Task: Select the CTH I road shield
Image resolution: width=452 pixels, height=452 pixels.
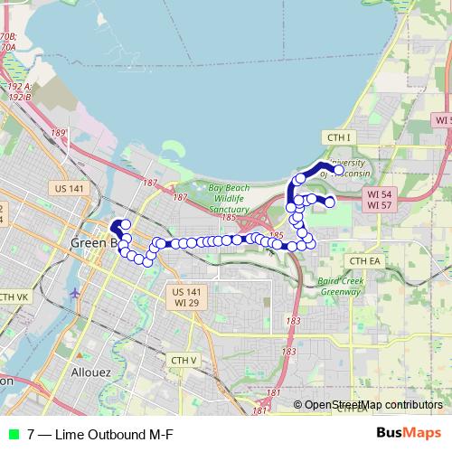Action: [338, 137]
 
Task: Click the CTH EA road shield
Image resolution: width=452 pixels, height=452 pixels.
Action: [365, 260]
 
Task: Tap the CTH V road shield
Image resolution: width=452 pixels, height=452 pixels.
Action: [184, 360]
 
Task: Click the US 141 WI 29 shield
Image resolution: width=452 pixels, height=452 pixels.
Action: [186, 297]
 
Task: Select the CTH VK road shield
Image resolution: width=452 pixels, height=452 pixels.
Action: [14, 297]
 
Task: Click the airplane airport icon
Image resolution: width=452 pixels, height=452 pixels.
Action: [74, 294]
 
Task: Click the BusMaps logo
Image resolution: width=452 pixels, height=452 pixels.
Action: [409, 433]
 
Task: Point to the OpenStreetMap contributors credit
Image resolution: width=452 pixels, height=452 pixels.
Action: [373, 405]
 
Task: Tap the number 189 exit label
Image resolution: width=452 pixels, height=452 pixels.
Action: [60, 133]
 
